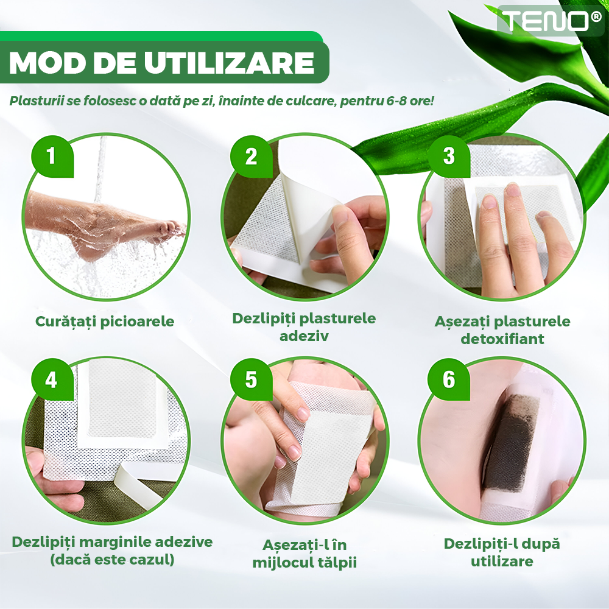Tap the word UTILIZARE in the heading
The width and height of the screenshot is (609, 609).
coord(229,63)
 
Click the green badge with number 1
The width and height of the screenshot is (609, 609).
coord(52,156)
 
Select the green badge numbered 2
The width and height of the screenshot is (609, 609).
coord(252,156)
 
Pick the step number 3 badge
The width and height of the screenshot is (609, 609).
coord(449,156)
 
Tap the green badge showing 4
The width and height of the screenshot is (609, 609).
coord(52,379)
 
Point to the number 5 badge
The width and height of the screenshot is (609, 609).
coord(252,379)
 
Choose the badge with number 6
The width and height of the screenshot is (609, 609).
coord(449,379)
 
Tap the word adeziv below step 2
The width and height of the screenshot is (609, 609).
coord(304,336)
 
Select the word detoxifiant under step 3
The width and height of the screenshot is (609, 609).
coord(502,339)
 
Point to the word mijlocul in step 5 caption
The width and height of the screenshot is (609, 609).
coord(278,563)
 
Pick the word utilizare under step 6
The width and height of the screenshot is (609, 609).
coord(502,561)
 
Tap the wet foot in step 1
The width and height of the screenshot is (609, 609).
coord(105,225)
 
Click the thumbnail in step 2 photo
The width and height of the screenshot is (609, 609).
coord(340,217)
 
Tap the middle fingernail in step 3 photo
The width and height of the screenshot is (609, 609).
coord(513,190)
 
